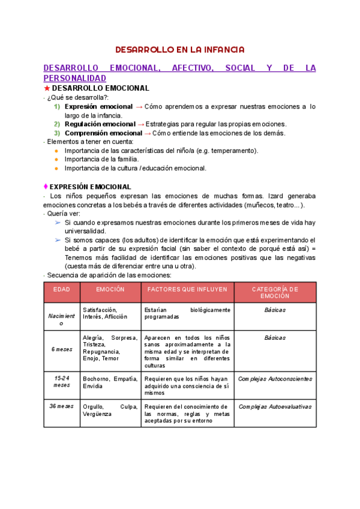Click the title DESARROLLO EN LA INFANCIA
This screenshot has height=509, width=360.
(x=180, y=49)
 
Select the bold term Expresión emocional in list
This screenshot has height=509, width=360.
(x=98, y=107)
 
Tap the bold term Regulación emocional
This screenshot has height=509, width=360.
(x=100, y=124)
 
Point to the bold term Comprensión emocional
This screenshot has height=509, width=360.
(x=103, y=133)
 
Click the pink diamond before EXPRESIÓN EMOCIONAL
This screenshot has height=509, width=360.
(x=46, y=187)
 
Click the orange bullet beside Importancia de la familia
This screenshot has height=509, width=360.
(x=56, y=159)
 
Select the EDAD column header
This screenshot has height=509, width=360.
(x=62, y=289)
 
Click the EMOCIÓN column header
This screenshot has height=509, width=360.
(x=110, y=289)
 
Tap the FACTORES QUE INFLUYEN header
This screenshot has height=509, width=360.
(x=187, y=289)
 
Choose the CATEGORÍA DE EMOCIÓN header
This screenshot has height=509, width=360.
(x=275, y=292)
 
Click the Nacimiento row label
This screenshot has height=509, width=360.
(x=62, y=319)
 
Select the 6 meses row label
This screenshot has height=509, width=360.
(x=62, y=349)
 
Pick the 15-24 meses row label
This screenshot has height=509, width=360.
(x=62, y=382)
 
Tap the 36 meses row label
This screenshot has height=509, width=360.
(x=62, y=406)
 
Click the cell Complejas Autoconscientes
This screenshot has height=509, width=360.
(x=275, y=379)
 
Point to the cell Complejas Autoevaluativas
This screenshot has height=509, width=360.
(x=275, y=406)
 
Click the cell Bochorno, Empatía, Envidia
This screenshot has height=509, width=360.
(x=110, y=382)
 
